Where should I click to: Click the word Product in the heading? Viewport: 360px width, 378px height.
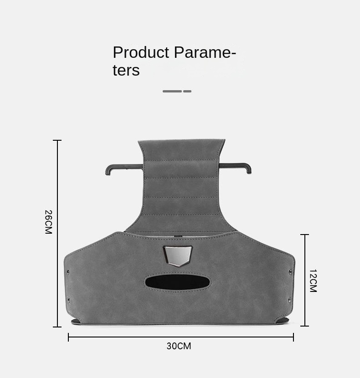pos(141,52)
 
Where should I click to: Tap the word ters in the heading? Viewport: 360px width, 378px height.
pos(126,71)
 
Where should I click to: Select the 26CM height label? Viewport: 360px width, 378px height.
pos(48,222)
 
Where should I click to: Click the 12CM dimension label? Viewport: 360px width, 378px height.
pos(313,281)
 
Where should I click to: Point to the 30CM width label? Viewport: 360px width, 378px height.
pos(179,346)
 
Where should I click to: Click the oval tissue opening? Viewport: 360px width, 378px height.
pos(177,282)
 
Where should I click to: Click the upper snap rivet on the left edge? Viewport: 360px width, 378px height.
pos(68,272)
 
